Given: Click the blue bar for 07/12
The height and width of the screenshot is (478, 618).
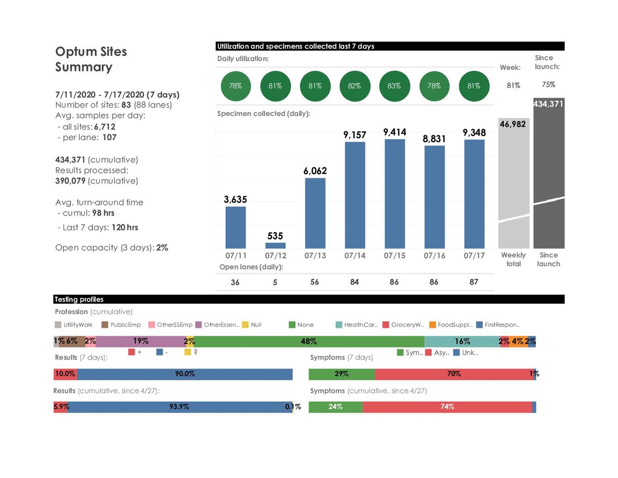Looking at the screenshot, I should [275, 246].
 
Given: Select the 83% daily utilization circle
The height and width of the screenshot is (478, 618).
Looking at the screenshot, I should [394, 86].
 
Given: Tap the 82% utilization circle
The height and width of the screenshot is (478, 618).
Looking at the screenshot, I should [354, 86].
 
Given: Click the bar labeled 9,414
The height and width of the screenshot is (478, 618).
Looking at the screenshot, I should [394, 194].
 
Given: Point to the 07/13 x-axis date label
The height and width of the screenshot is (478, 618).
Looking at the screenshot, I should [315, 256].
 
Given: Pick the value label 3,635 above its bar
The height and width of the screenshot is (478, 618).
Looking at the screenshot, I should [236, 199].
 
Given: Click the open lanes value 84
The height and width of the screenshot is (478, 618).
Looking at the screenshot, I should [354, 282].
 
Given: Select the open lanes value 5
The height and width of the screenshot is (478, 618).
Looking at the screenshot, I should [275, 282].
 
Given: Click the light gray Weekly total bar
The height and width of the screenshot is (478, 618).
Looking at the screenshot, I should [514, 186].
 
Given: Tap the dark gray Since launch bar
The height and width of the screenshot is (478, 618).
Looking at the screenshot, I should [549, 176].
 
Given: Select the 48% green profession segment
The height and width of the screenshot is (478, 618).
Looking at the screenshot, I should [308, 341].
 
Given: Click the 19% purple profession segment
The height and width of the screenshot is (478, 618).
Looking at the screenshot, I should [141, 341].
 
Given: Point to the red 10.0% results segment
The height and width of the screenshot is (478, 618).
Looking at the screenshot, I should [65, 374].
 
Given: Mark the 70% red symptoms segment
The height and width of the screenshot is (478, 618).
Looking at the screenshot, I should [454, 374].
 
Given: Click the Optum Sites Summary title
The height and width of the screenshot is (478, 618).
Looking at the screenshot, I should [91, 59].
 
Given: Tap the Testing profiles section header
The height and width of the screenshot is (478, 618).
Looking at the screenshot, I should [79, 300].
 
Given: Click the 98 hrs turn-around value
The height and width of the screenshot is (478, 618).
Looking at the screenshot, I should [103, 213].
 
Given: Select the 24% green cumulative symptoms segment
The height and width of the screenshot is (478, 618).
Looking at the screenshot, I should [335, 407].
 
